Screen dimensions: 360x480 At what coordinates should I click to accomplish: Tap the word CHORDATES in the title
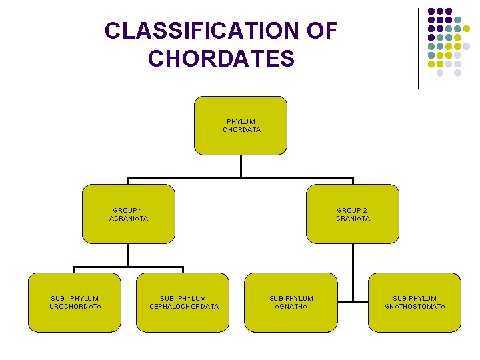pos(221,59)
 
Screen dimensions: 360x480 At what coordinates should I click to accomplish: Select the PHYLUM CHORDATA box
pos(241,125)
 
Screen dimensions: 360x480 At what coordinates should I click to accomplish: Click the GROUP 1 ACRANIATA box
pos(129,214)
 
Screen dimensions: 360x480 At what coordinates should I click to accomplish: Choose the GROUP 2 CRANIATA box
pos(353,214)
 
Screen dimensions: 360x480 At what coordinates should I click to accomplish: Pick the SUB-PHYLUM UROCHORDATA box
pos(75,302)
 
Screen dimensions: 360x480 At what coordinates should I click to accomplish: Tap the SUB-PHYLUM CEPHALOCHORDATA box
pos(183,302)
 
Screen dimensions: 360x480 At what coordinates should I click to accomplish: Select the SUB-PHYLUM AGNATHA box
pos(291,302)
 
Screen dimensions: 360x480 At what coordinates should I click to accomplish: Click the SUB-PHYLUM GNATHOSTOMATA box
pos(415,302)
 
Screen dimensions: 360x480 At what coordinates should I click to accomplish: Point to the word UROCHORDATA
pos(75,307)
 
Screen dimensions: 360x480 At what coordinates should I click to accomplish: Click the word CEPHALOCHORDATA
pos(183,307)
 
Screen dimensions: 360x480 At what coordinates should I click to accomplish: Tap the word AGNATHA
pos(291,307)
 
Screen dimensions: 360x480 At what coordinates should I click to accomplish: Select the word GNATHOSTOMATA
pos(415,307)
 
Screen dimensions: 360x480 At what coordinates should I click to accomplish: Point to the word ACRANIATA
pos(129,218)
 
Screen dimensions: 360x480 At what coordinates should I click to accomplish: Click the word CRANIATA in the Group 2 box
pos(353,218)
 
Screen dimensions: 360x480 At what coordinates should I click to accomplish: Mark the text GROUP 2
pos(352,210)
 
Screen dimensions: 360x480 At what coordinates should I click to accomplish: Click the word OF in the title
pos(322,31)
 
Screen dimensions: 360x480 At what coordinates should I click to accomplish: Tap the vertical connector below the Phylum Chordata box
pos(241,167)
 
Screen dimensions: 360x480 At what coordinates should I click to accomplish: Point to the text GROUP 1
pos(126,210)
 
